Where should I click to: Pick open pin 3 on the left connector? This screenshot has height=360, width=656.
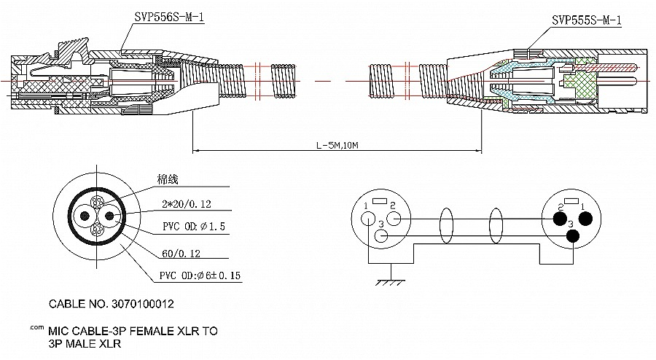coord(380,236)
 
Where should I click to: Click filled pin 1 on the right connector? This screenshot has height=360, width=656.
coord(585,218)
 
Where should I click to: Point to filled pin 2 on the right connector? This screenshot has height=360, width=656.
coord(560,218)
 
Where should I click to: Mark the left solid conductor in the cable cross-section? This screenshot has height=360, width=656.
coord(87,216)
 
